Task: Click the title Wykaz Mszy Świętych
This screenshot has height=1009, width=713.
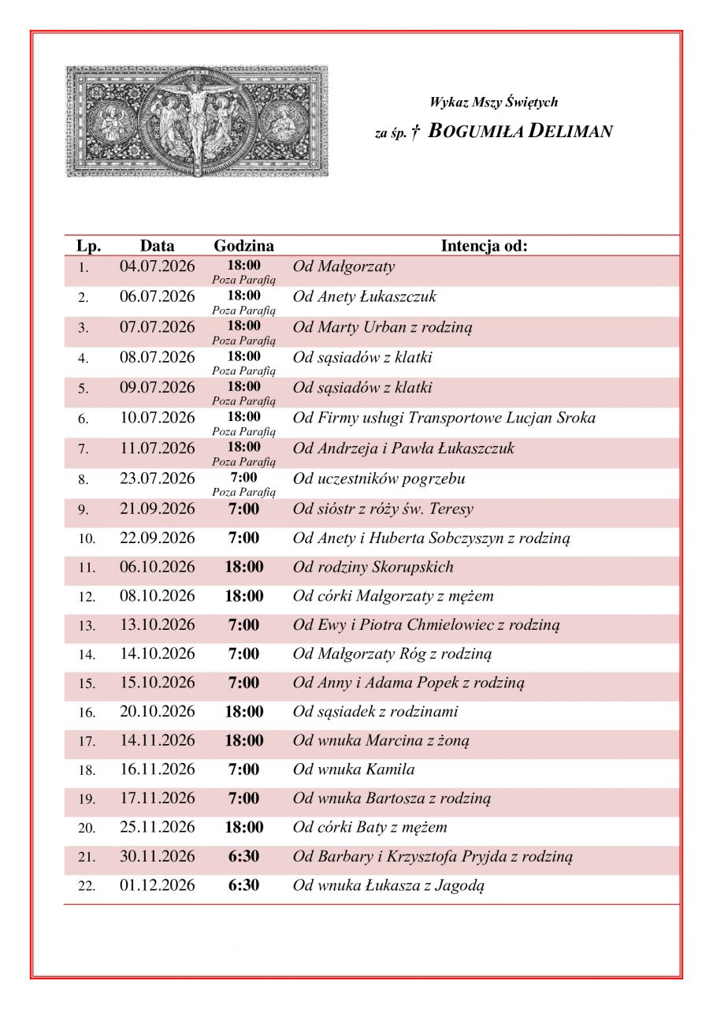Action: pyautogui.click(x=493, y=102)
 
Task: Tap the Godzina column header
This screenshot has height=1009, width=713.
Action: pyautogui.click(x=243, y=246)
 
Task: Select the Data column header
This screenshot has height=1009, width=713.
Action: pyautogui.click(x=157, y=246)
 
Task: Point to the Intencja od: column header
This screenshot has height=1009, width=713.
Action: pyautogui.click(x=484, y=246)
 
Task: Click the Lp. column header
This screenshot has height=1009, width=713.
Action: pyautogui.click(x=88, y=246)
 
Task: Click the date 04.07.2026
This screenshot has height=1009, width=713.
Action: pyautogui.click(x=157, y=266)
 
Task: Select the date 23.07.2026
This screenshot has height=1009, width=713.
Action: pyautogui.click(x=157, y=478)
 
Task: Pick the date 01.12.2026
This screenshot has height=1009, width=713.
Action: pyautogui.click(x=157, y=885)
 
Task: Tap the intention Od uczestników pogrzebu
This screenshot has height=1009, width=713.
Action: pyautogui.click(x=379, y=478)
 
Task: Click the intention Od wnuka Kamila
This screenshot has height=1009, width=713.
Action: pyautogui.click(x=354, y=769)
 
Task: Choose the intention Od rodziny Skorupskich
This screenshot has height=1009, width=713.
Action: pyautogui.click(x=373, y=567)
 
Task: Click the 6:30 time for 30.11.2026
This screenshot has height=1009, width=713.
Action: pyautogui.click(x=243, y=856)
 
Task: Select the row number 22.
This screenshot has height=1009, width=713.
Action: pyautogui.click(x=87, y=886)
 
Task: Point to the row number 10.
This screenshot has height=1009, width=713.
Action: pyautogui.click(x=87, y=539)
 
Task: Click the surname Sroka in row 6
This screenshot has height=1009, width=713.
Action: pyautogui.click(x=575, y=418)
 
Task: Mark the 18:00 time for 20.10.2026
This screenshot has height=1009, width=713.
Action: pyautogui.click(x=243, y=712)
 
